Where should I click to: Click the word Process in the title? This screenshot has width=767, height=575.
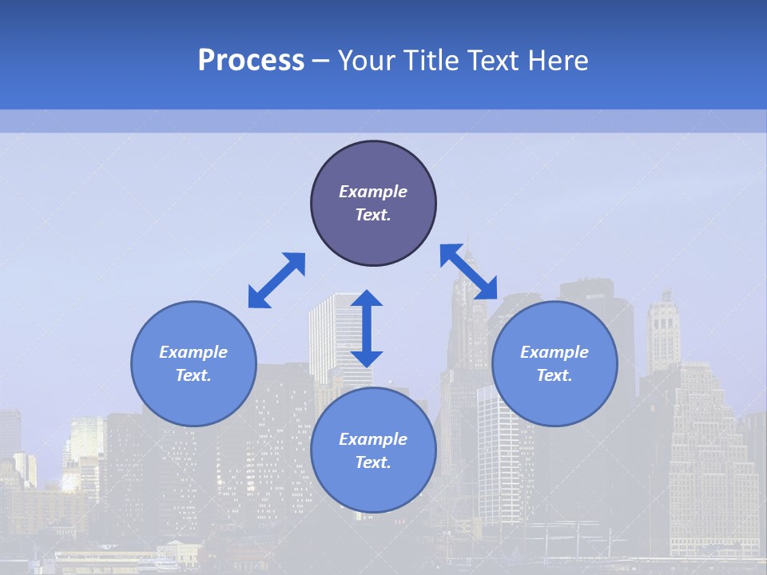pos(251,61)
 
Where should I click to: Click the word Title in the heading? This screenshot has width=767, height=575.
pos(431,61)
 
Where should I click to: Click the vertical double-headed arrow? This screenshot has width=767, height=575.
pos(367,328)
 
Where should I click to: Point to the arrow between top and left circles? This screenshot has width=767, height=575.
pos(276,280)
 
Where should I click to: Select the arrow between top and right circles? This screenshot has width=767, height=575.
pos(468,272)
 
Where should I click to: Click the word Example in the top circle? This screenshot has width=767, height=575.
pos(373,192)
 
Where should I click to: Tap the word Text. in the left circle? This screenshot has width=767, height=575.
pos(193,375)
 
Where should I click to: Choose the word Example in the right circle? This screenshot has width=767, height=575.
pos(554,352)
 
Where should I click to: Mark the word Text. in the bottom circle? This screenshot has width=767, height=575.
pos(373,462)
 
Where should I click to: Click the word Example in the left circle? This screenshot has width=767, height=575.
pos(193,352)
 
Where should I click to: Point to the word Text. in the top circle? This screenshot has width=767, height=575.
pos(373,215)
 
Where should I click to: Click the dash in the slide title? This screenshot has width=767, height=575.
pos(321,61)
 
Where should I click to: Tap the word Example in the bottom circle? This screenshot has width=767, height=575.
pos(373,439)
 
